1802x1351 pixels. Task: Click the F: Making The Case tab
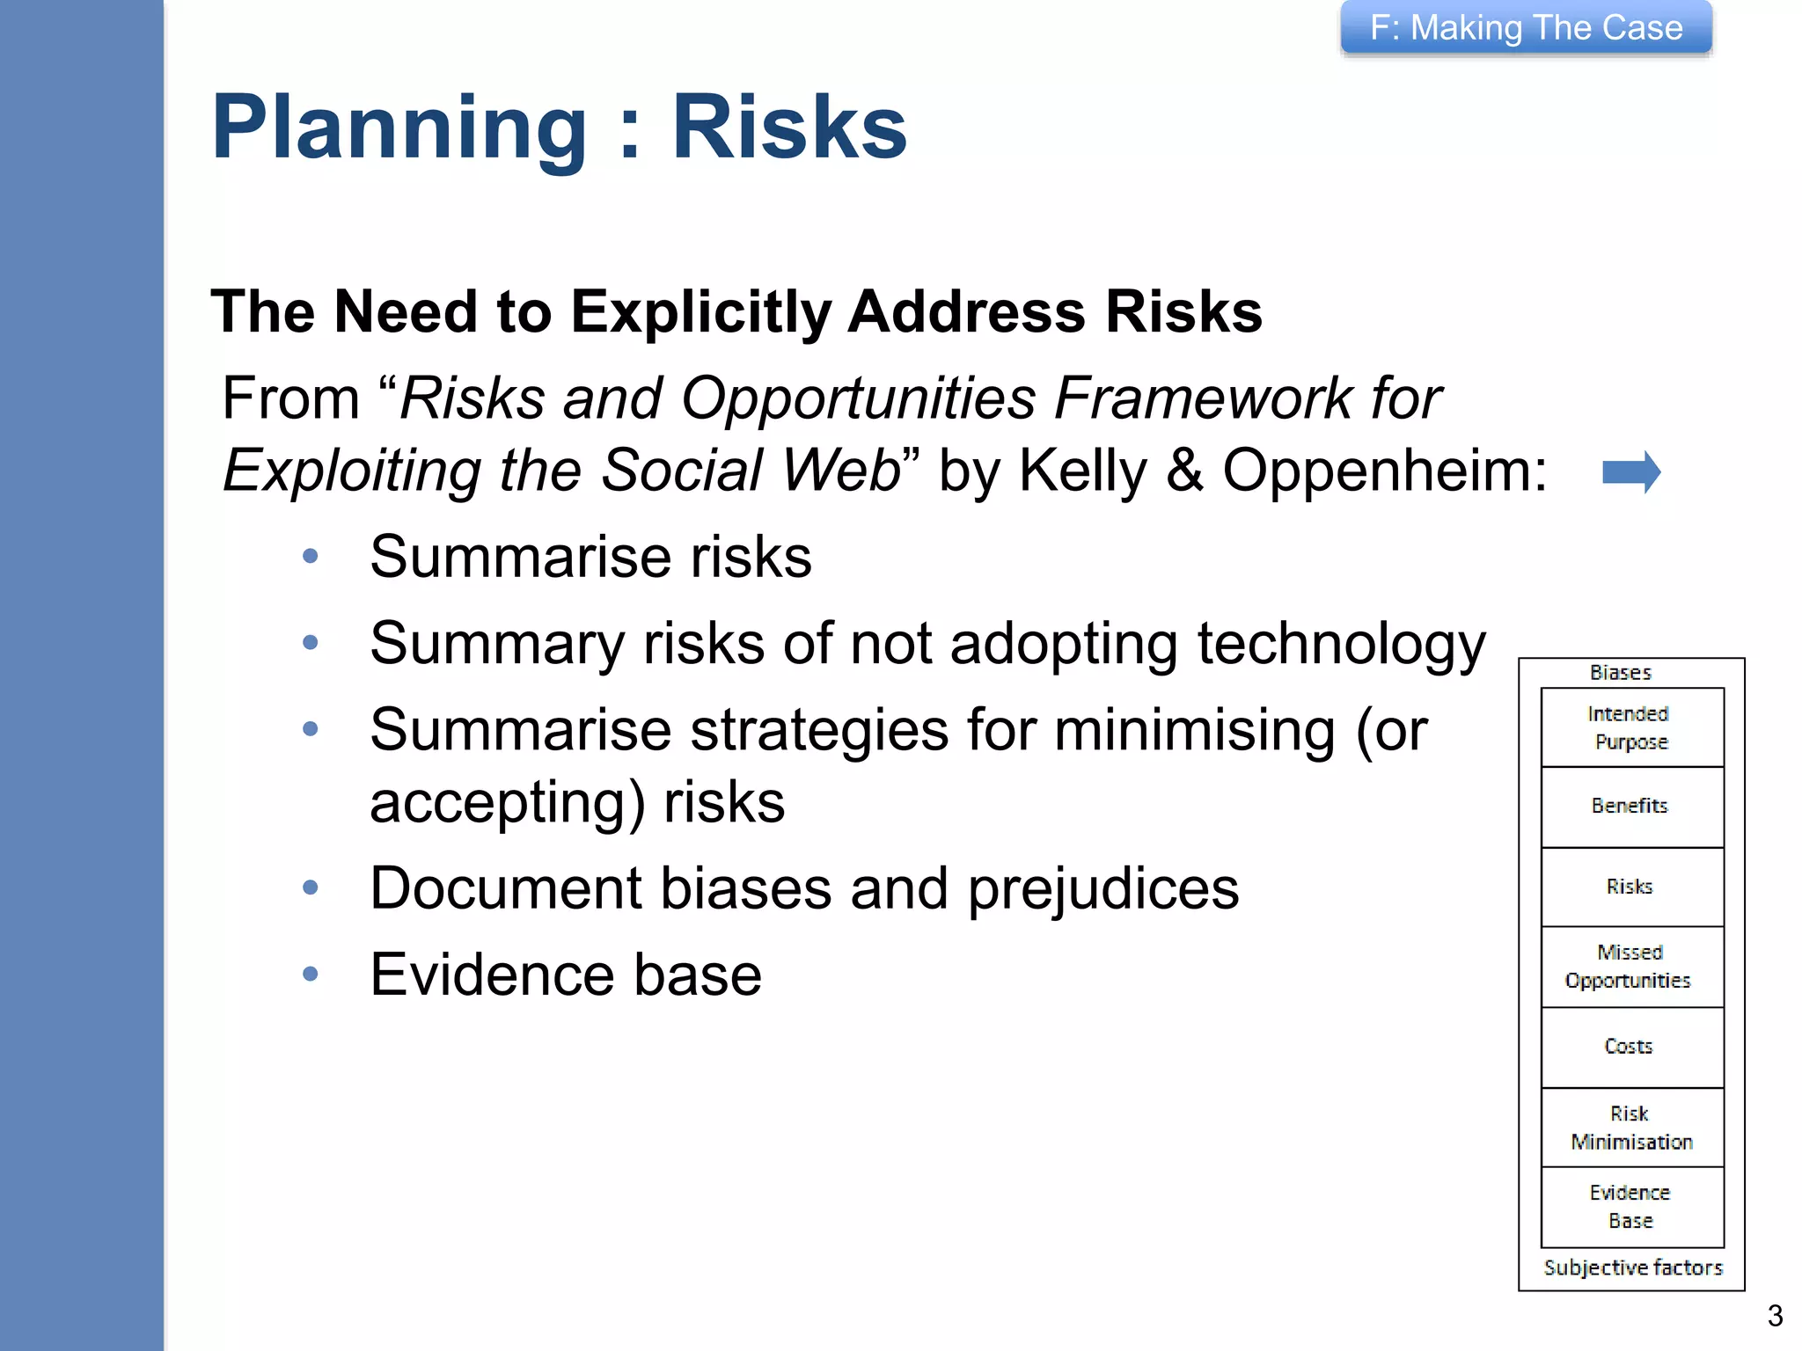(1526, 28)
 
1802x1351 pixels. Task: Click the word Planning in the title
(399, 128)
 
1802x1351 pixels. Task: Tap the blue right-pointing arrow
(1630, 472)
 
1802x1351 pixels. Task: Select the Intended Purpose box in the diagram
(1632, 727)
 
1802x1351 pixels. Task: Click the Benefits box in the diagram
(1632, 807)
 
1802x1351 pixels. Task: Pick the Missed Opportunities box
(1632, 967)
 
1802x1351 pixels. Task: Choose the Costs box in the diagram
(1632, 1047)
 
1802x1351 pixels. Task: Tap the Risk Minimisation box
(1632, 1128)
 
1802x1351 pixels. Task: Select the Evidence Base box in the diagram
(1632, 1207)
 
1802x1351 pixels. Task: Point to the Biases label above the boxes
(1620, 673)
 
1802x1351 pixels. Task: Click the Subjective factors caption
(1632, 1267)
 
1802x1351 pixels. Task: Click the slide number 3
(1775, 1316)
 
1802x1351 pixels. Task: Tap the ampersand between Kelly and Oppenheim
(1184, 471)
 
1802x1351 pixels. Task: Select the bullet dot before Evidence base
(310, 974)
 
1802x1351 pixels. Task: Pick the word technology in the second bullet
(1341, 645)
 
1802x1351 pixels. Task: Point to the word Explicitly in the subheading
(700, 313)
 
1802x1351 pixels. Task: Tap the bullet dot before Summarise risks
(310, 556)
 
